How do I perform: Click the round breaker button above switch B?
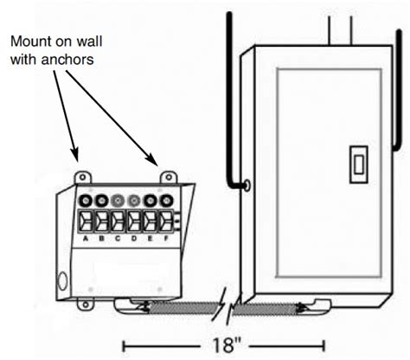tap(102, 198)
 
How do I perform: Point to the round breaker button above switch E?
tap(151, 198)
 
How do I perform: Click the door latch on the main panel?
tap(354, 164)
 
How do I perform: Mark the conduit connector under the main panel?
tap(303, 306)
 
